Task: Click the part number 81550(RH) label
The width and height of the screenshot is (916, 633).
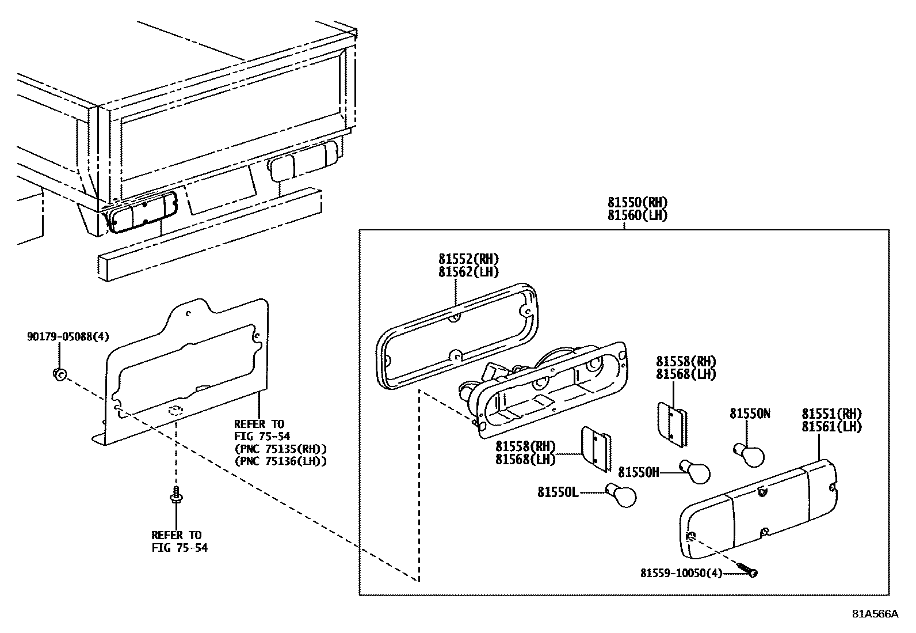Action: click(638, 202)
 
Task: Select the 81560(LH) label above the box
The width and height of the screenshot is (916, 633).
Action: click(638, 215)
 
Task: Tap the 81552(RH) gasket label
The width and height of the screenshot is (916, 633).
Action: click(468, 259)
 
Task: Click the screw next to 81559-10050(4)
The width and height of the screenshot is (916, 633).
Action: click(747, 572)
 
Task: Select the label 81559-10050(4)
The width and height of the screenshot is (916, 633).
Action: click(681, 573)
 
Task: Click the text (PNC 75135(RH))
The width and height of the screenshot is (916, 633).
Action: click(280, 449)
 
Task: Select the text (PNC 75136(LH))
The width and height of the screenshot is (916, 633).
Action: click(280, 461)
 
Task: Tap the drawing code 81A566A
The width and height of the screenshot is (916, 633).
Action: click(875, 613)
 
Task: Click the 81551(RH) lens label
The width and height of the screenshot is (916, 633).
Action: click(831, 414)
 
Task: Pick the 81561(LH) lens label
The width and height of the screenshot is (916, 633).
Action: click(831, 427)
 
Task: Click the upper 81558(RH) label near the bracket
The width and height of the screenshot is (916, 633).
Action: click(686, 361)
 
